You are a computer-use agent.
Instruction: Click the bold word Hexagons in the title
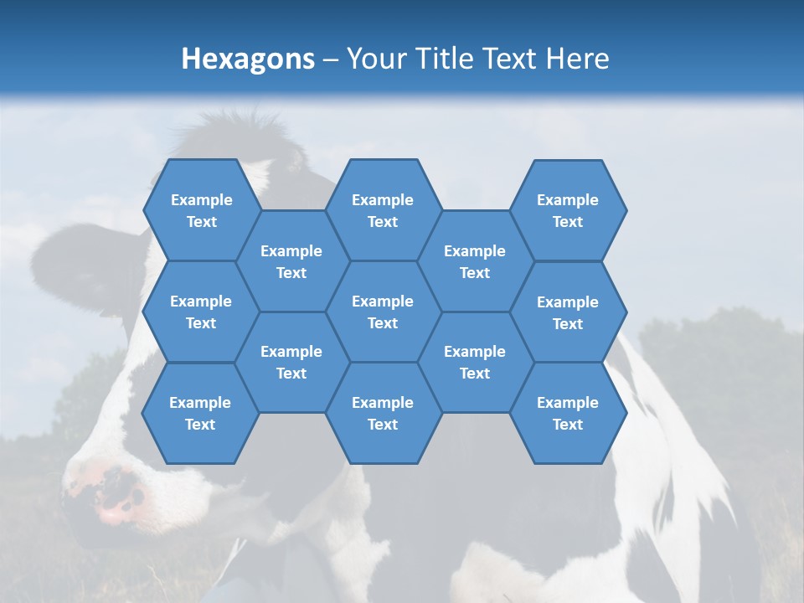[248, 59]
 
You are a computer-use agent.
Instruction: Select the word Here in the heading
[577, 59]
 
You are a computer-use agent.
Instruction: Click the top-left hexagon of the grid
[201, 210]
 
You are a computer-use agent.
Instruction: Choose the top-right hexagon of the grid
[568, 210]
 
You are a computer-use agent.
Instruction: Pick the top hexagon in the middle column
[383, 210]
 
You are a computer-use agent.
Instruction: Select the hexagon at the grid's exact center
[383, 312]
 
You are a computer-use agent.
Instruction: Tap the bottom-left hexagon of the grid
[200, 413]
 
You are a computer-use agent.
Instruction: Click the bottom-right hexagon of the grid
[568, 413]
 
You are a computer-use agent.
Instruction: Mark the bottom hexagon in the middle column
[383, 413]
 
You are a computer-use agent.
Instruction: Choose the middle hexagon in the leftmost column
[201, 312]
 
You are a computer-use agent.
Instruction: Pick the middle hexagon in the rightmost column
[568, 312]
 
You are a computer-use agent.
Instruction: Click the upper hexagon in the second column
[291, 261]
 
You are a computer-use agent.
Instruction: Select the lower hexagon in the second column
[291, 362]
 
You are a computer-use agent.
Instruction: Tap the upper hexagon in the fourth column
[475, 261]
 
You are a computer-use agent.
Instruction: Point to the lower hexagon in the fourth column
[475, 362]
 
